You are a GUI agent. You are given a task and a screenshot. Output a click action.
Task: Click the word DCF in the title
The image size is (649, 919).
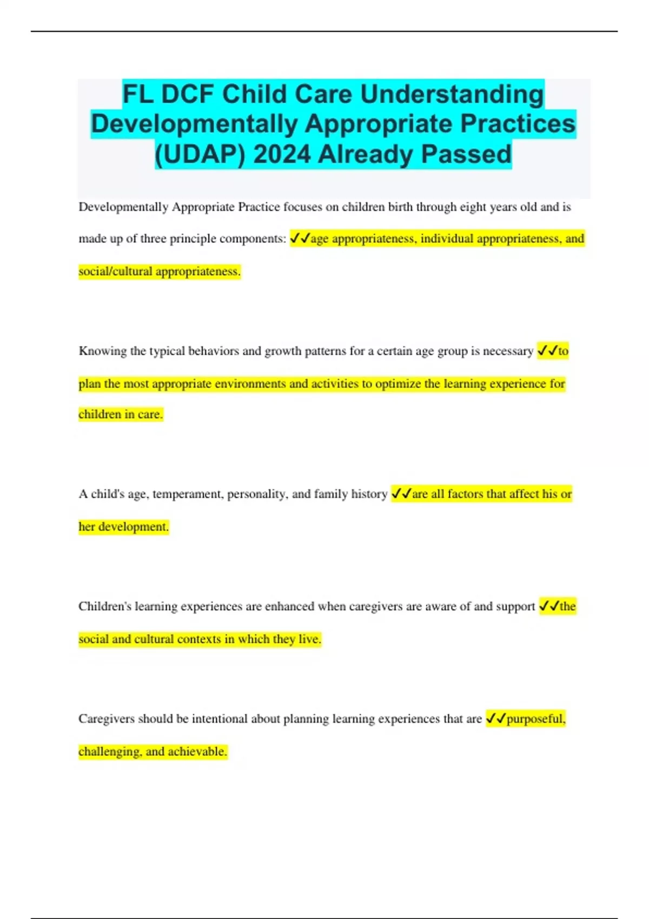(x=187, y=94)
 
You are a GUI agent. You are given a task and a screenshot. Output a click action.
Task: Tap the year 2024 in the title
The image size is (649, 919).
(x=282, y=154)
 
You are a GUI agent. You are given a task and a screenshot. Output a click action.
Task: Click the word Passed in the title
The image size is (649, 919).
(x=466, y=154)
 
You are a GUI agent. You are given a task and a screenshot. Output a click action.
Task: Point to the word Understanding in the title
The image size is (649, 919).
(x=452, y=94)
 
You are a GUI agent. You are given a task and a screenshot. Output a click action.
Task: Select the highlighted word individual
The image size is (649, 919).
(x=447, y=239)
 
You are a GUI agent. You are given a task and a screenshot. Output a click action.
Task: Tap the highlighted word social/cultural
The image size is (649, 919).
(x=115, y=271)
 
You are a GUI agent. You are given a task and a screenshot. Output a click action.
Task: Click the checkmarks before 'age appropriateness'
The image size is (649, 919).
(x=300, y=238)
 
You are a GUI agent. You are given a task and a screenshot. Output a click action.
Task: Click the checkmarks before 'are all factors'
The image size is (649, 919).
(x=401, y=494)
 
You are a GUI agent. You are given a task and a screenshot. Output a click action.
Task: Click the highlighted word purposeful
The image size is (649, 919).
(x=536, y=719)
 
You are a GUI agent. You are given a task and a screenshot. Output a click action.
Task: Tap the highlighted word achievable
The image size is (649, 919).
(x=197, y=751)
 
